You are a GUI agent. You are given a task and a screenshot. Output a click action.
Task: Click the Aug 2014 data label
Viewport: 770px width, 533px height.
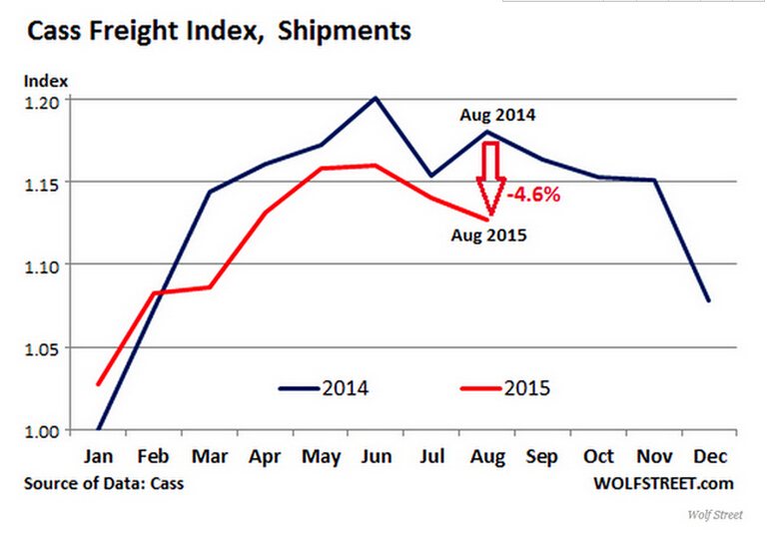(497, 115)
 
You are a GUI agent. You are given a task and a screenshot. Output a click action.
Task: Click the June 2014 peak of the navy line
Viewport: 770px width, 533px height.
(376, 98)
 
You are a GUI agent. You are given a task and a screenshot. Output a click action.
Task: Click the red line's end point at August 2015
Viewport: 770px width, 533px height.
(488, 219)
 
